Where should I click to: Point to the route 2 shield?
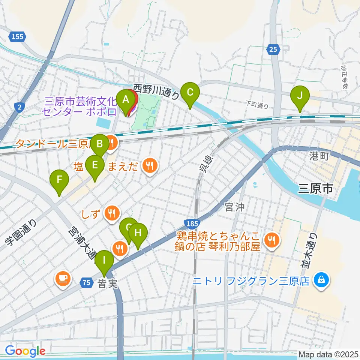(19, 107)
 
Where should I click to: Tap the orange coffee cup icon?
(62, 278)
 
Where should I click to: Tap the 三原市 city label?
(315, 189)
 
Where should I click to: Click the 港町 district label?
(319, 156)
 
